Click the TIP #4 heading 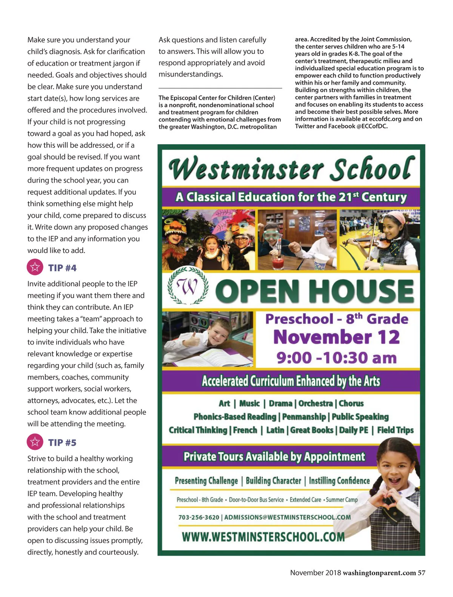point(62,268)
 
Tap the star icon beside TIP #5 point(35,442)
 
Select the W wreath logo point(188,286)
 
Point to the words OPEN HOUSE point(315,291)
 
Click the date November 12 point(336,337)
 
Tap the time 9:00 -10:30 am point(336,358)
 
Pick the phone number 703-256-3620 point(199,517)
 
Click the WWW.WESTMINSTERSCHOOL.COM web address point(263,537)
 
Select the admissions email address point(287,517)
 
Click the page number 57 point(421,573)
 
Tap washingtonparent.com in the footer point(379,573)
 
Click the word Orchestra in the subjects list point(316,403)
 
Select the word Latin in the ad point(275,430)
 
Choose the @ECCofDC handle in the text point(372,126)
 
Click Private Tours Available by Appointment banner point(274,457)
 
